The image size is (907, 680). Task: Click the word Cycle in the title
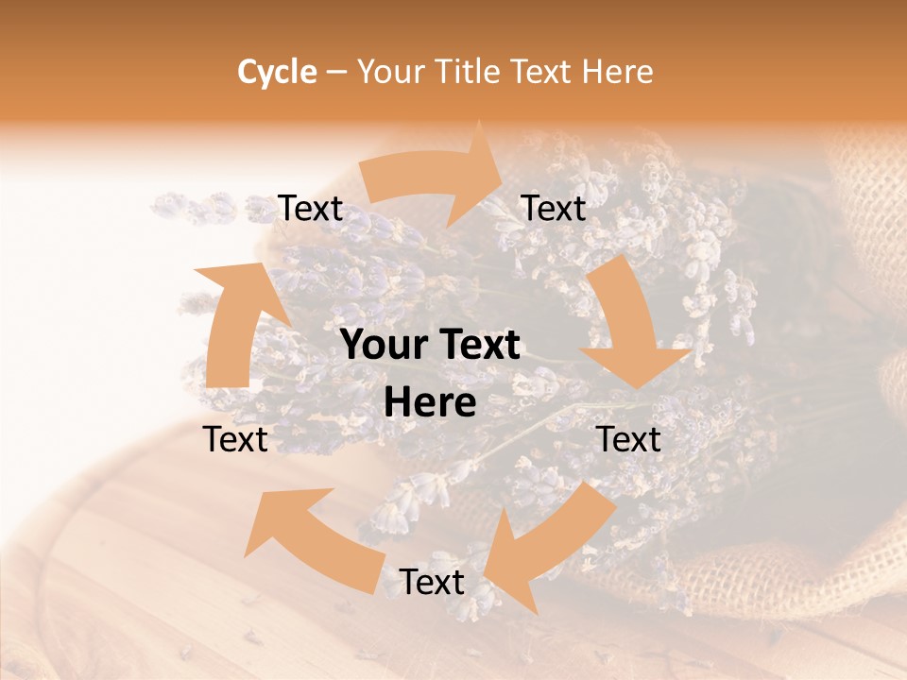pos(276,72)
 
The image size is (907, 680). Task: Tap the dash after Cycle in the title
pos(336,72)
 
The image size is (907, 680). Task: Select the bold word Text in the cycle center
pos(476,346)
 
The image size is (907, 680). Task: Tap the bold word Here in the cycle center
pos(431,403)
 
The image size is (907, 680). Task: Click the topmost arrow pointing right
pos(435,179)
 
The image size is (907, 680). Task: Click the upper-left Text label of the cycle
pos(310,209)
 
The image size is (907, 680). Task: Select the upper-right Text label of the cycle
pos(554,209)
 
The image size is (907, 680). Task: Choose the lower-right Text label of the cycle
pos(628,439)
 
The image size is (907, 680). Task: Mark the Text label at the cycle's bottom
pos(431,582)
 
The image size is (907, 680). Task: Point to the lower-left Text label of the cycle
pos(236,439)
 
